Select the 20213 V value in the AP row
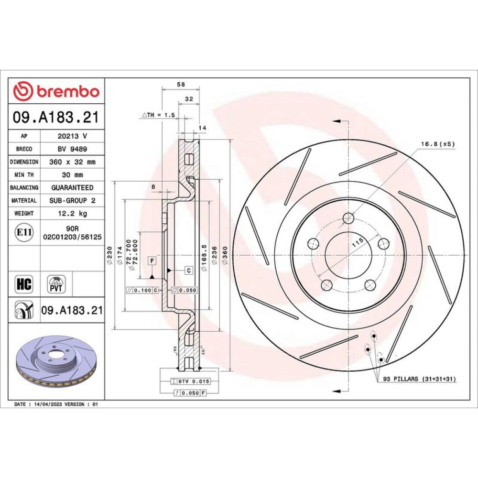click(x=72, y=136)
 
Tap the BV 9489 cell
click(x=72, y=149)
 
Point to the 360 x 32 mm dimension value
click(x=72, y=162)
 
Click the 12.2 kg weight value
click(x=72, y=213)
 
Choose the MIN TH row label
click(x=24, y=174)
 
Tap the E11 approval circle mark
click(x=24, y=232)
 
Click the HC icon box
click(x=24, y=284)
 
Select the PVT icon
click(x=56, y=284)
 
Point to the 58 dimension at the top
click(x=181, y=85)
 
